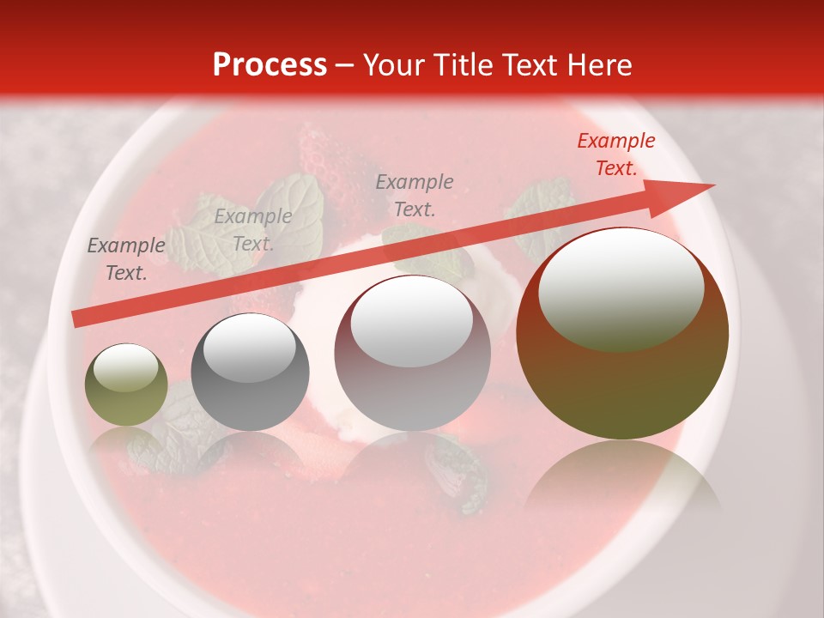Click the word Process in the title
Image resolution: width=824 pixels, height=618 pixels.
pos(270,65)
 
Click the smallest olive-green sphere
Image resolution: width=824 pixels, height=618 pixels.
pos(126,385)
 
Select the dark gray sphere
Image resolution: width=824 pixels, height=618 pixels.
pos(250,373)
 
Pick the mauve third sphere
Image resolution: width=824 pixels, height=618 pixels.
pos(412,353)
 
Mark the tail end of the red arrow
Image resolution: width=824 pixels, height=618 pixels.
pos(77,318)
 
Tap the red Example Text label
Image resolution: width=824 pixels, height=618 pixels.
pos(615,154)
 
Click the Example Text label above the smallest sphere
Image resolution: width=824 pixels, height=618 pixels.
pos(126,259)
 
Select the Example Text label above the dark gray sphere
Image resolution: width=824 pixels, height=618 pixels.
pos(252,230)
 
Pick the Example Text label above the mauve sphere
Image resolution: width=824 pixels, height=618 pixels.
pos(414,196)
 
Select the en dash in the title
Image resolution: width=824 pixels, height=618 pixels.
pos(345,66)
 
